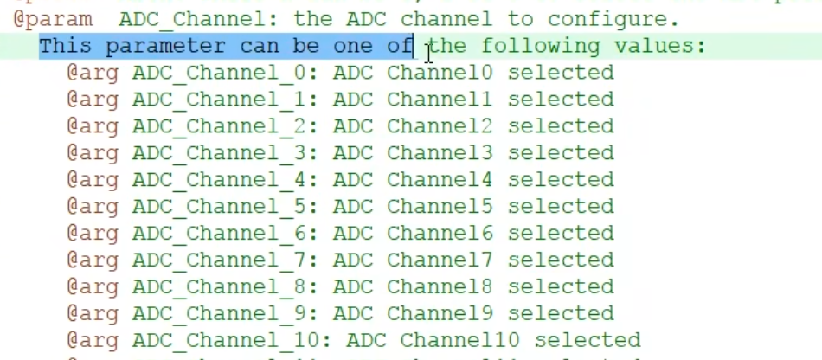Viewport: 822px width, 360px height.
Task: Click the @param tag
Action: pyautogui.click(x=53, y=19)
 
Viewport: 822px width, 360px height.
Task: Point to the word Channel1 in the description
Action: pyautogui.click(x=440, y=100)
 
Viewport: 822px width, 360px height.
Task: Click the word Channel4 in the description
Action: pyautogui.click(x=440, y=180)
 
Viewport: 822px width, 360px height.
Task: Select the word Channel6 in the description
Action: pyautogui.click(x=440, y=234)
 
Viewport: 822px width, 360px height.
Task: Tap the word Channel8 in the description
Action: pyautogui.click(x=440, y=287)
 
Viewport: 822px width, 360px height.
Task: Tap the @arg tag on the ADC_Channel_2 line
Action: pyautogui.click(x=93, y=126)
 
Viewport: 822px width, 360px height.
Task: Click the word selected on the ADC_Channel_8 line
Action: pyautogui.click(x=561, y=287)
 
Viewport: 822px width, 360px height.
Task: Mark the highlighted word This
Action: pyautogui.click(x=66, y=46)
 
